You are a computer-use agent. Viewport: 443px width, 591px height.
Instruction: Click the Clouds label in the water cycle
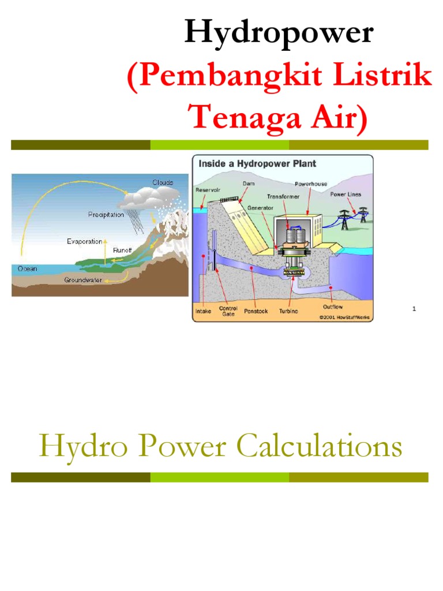163,182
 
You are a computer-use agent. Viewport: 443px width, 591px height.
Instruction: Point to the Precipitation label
106,215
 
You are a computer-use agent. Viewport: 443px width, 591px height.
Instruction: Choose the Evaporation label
84,241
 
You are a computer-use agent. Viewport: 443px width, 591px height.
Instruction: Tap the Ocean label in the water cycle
27,268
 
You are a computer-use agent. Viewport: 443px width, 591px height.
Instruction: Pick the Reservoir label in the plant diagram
207,189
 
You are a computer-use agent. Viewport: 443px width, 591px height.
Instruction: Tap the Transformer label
284,196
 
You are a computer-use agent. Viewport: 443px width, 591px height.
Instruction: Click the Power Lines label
346,194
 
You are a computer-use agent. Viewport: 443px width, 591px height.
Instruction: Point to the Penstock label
255,311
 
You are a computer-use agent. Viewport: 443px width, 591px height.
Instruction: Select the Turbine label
288,311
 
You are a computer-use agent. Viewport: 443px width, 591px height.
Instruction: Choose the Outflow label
333,307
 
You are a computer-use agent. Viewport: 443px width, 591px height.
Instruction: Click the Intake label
203,311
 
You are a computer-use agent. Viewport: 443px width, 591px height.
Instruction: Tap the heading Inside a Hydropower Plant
257,164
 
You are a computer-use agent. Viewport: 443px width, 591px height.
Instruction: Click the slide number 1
414,309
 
